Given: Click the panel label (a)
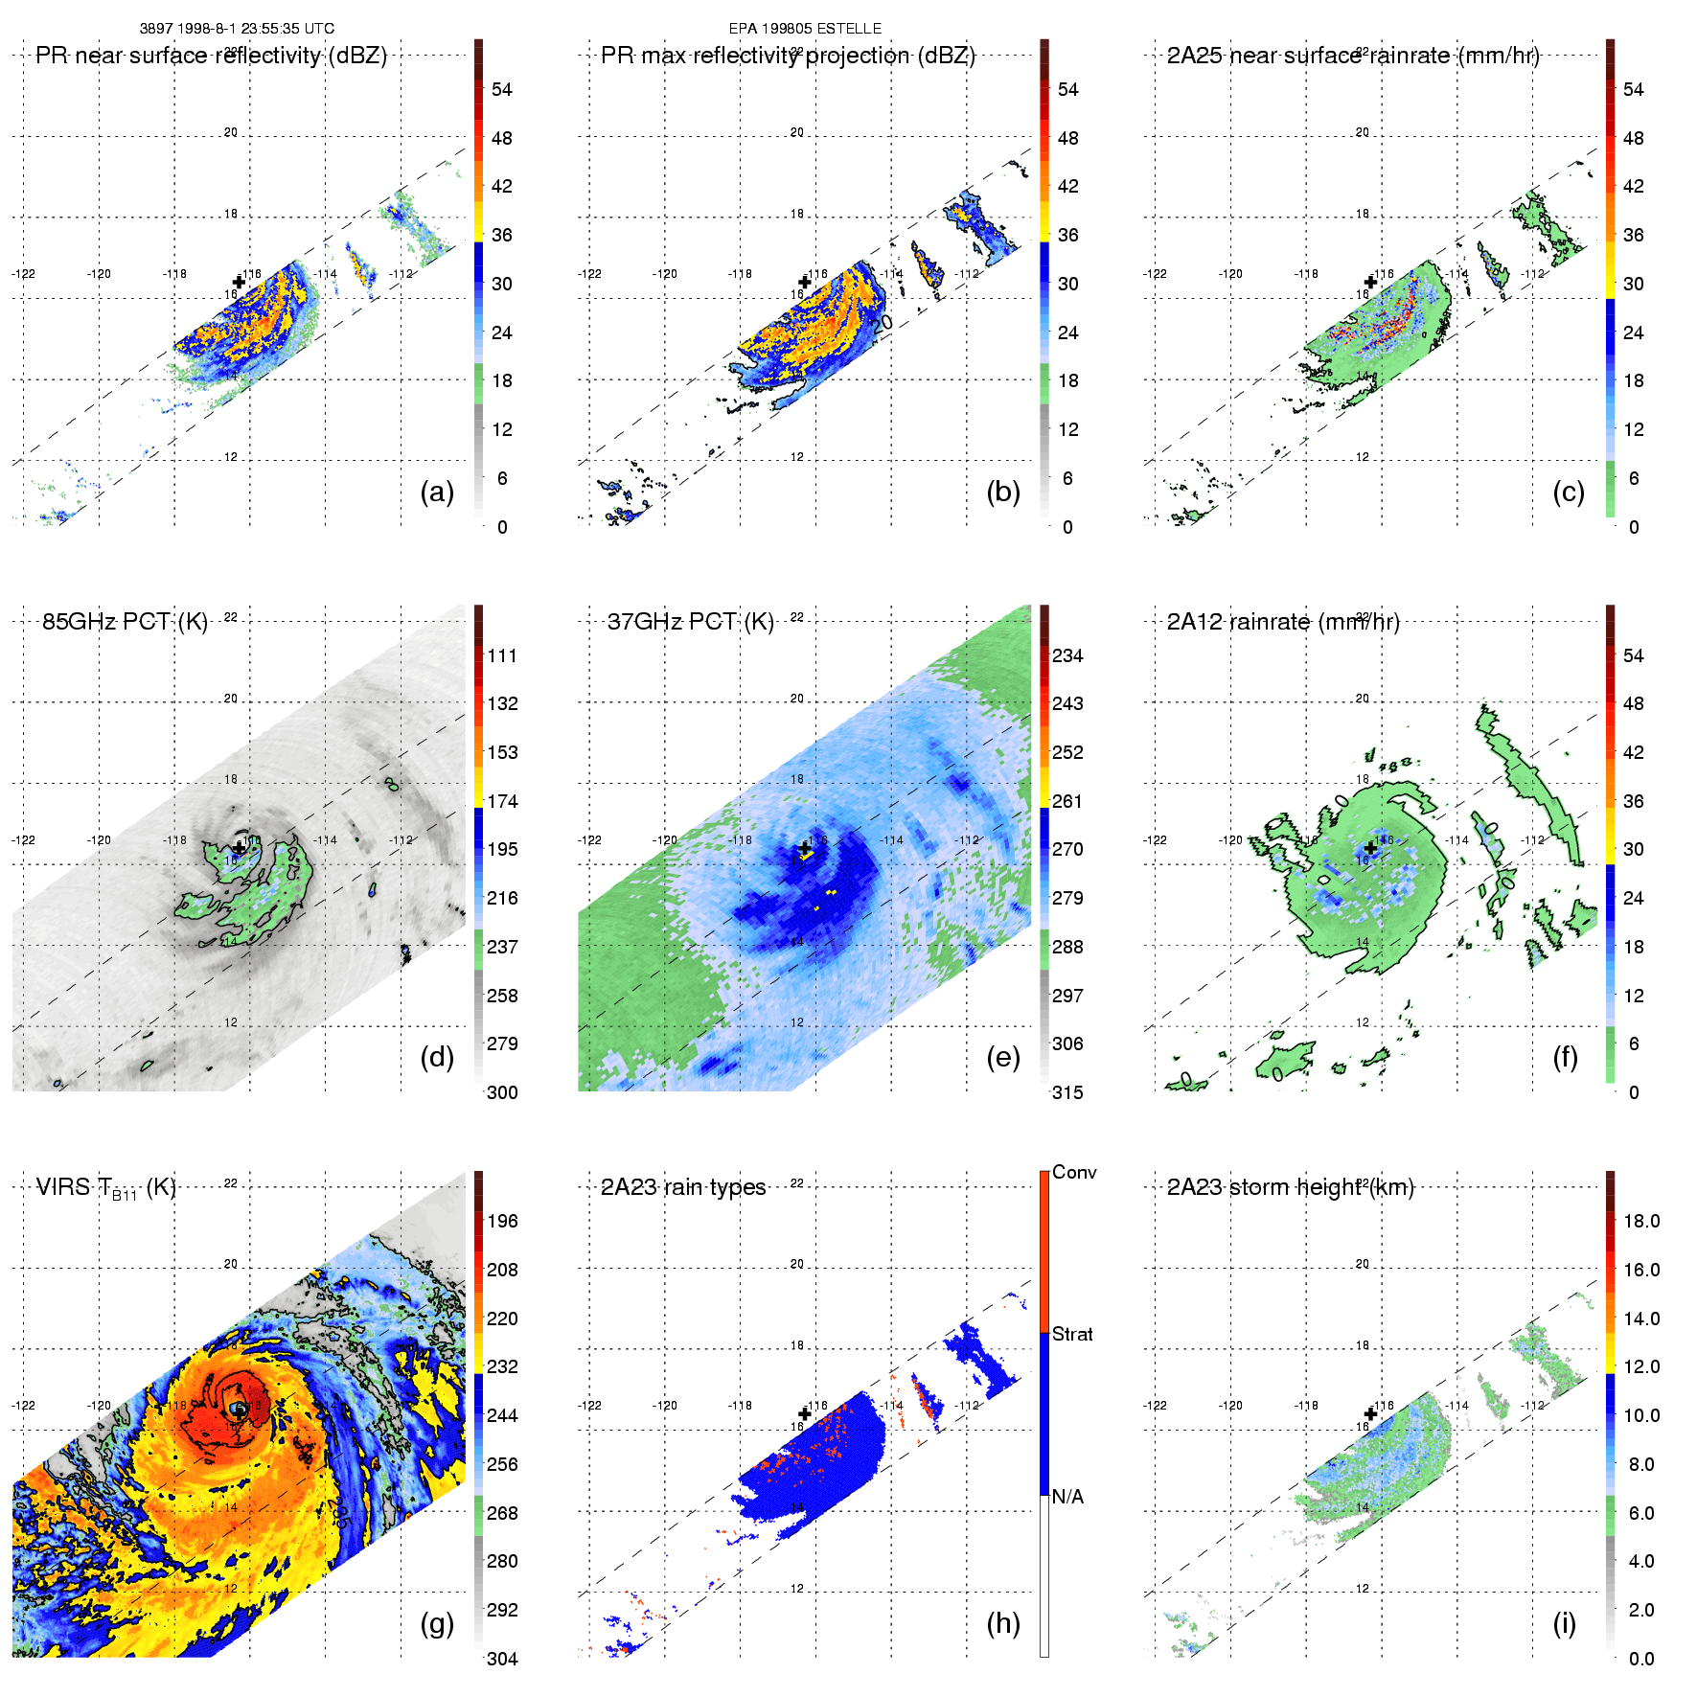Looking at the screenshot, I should (x=437, y=493).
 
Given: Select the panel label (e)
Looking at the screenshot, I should (x=1003, y=1058).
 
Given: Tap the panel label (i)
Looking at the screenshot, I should (x=1565, y=1623).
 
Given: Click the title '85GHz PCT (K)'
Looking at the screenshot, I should (x=125, y=622).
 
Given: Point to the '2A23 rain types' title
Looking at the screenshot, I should (x=683, y=1187).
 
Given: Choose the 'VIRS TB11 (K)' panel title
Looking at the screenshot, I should (x=105, y=1188).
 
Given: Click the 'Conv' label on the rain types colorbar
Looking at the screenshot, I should (x=1074, y=1172).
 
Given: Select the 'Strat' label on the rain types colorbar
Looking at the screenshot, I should (x=1072, y=1334).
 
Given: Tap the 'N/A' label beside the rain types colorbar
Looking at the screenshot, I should (x=1067, y=1497).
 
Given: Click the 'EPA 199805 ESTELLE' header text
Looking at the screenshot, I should (x=805, y=29).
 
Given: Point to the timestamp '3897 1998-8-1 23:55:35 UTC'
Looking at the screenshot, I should (x=237, y=29).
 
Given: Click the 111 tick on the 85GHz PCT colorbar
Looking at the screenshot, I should (x=502, y=655).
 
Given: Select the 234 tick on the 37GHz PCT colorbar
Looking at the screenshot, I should (x=1067, y=655).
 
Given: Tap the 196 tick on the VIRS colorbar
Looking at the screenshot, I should (x=502, y=1221).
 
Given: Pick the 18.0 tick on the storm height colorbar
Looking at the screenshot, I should (x=1641, y=1221).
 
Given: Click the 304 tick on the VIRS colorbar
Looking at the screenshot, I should (x=502, y=1659).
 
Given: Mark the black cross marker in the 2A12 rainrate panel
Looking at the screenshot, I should (x=1370, y=848).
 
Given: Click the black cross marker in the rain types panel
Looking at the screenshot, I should (x=805, y=1413).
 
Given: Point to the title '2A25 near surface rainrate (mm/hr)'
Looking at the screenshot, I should (x=1353, y=56).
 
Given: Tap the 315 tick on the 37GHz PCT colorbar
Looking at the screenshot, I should (x=1067, y=1092).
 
